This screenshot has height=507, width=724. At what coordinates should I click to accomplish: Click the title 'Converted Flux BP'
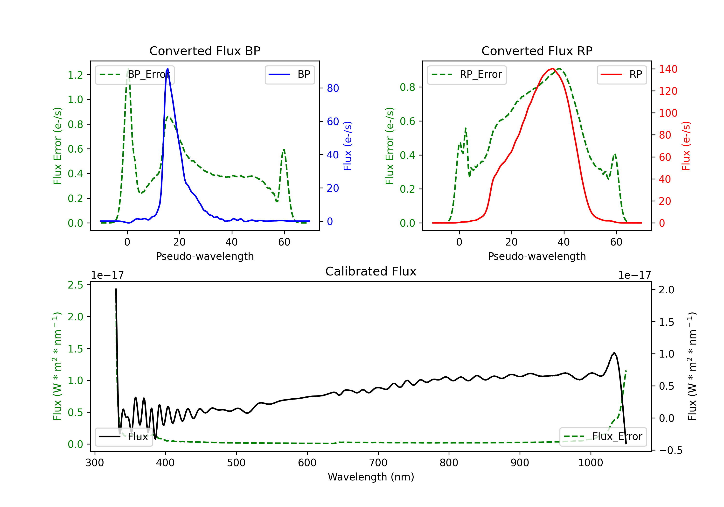click(205, 51)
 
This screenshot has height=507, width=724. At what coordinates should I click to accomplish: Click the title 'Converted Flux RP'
click(537, 51)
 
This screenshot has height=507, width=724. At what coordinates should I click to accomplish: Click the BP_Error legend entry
click(135, 75)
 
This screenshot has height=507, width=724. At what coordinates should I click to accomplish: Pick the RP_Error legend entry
click(467, 75)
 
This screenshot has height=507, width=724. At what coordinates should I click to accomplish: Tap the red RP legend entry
click(621, 75)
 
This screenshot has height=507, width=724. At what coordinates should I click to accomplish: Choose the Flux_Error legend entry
click(603, 437)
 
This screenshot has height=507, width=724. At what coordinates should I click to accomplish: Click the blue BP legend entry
click(289, 75)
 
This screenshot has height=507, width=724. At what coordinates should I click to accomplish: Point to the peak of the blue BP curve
click(167, 69)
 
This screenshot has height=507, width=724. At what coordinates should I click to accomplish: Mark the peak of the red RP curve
click(553, 69)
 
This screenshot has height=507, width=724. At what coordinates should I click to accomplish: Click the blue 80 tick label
click(333, 88)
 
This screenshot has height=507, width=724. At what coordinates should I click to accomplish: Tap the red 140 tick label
click(668, 69)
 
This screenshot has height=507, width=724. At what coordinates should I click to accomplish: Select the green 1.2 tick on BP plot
click(75, 75)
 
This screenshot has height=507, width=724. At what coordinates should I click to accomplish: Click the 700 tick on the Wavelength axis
click(378, 463)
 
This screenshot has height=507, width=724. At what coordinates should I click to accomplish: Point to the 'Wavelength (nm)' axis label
click(371, 477)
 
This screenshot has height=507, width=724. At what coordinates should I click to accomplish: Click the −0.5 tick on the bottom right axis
click(670, 450)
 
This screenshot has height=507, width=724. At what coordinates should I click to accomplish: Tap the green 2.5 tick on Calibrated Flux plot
click(75, 285)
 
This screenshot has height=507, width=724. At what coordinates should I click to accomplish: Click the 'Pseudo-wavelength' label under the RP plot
click(537, 256)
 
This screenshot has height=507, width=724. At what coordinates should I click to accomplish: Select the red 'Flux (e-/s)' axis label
click(686, 146)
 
